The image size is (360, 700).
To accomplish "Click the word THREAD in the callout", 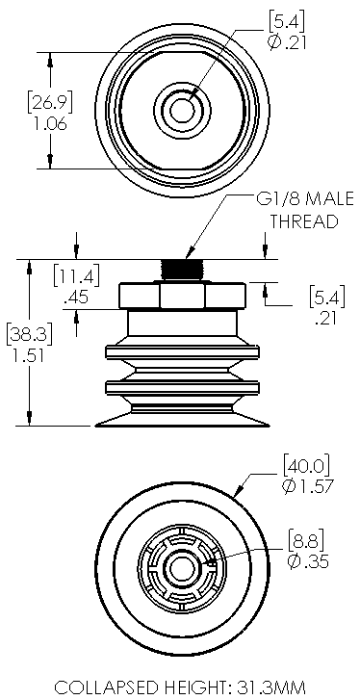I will pos(304,220).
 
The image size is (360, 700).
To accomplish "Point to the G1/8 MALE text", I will pos(304,199).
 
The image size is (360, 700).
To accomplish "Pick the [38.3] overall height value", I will pos(25,334).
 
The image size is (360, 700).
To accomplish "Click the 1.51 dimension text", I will pos(25,354).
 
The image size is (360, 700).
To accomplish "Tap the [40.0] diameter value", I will pos(306,465).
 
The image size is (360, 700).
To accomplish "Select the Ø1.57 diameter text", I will pos(307,485).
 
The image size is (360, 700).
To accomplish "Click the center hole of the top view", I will pos(180,109).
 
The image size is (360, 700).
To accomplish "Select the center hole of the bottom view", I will pos(179,570).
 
